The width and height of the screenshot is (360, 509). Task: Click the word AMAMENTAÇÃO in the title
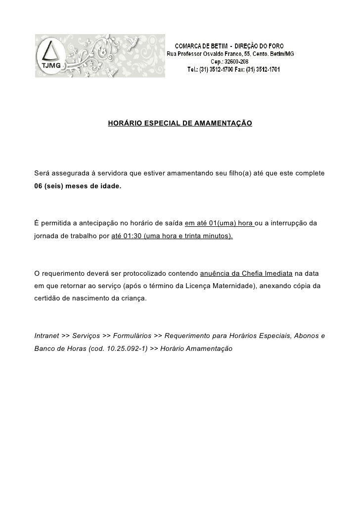[225, 122]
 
